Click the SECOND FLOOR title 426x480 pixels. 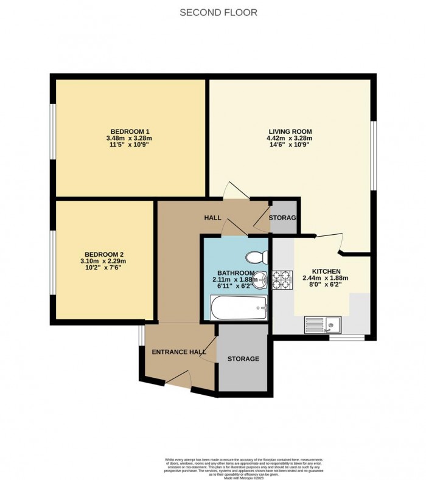pos(218,12)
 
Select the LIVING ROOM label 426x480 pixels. pos(290,131)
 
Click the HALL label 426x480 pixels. pos(212,217)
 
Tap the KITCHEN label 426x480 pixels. pos(326,271)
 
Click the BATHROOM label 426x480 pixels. pos(236,272)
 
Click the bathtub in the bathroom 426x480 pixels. pos(238,308)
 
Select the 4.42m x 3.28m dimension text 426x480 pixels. pos(290,139)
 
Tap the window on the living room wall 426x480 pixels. pos(372,152)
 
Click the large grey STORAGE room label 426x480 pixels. pos(243,359)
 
